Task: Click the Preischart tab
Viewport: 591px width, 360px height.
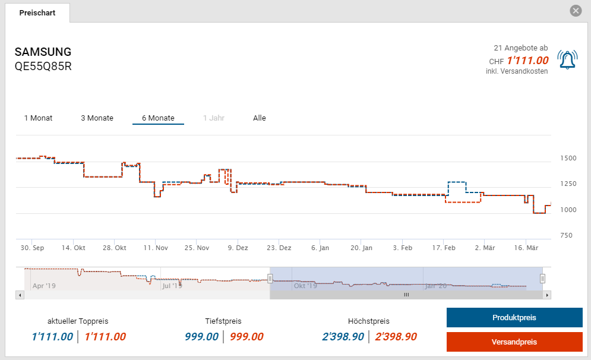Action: tap(37, 12)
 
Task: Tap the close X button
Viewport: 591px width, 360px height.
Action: tap(575, 11)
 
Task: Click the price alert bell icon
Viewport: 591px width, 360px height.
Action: tap(567, 59)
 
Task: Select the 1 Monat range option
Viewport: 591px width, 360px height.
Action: tap(38, 118)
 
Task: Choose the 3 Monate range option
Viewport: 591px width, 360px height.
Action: tap(97, 118)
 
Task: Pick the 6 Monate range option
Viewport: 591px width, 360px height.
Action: tap(158, 118)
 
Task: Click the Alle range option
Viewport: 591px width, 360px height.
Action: tap(260, 118)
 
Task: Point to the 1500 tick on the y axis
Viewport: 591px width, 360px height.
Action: tap(568, 159)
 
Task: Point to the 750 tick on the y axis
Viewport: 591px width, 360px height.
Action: tap(566, 236)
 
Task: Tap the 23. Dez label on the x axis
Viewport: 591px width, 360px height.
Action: tap(279, 248)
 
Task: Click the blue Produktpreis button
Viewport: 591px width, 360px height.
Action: tap(514, 318)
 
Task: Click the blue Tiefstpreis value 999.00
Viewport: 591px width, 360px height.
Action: tap(202, 337)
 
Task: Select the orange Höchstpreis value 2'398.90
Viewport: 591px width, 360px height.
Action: tap(396, 337)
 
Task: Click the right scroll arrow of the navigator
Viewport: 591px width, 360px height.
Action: tap(547, 295)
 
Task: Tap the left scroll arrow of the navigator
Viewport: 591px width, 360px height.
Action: tap(20, 295)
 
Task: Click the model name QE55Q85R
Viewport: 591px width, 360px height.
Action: tap(43, 66)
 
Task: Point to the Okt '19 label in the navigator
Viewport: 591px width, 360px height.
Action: tap(305, 286)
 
